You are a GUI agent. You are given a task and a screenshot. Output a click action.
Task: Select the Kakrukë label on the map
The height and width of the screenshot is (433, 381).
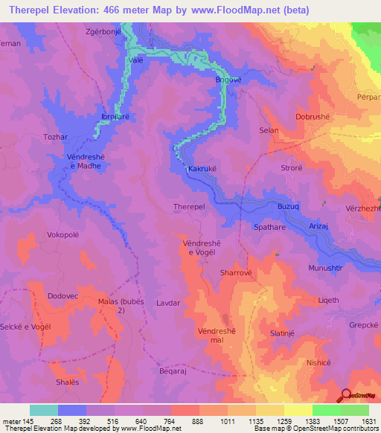click(202, 170)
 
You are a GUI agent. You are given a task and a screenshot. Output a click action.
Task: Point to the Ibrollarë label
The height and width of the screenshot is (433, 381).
click(119, 118)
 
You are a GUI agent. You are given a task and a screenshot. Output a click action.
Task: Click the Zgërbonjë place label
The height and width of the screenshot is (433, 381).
click(102, 33)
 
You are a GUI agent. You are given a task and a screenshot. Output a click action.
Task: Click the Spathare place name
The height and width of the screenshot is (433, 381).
click(271, 227)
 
